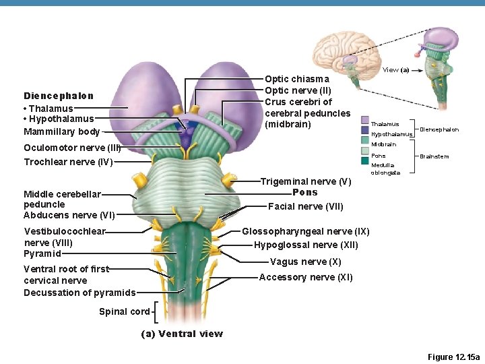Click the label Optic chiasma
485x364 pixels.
pyautogui.click(x=297, y=80)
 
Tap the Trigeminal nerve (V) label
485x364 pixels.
pyautogui.click(x=306, y=181)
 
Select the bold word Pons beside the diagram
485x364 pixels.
pyautogui.click(x=305, y=192)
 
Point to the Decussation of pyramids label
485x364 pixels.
pyautogui.click(x=79, y=293)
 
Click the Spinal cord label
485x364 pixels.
pyautogui.click(x=125, y=311)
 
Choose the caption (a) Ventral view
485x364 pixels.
pyautogui.click(x=182, y=334)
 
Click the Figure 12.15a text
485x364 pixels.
pyautogui.click(x=454, y=357)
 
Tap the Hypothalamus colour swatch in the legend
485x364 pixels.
pyautogui.click(x=365, y=130)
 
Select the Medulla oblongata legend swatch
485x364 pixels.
pyautogui.click(x=365, y=160)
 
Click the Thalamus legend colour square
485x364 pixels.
pyautogui.click(x=365, y=120)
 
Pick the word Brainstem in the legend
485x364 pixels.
pyautogui.click(x=434, y=156)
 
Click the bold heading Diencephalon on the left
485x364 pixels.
pyautogui.click(x=59, y=96)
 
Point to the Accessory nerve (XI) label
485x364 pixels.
pyautogui.click(x=306, y=277)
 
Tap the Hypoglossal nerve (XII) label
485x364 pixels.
pyautogui.click(x=306, y=245)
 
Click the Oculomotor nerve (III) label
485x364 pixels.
pyautogui.click(x=72, y=148)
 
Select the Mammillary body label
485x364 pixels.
pyautogui.click(x=62, y=132)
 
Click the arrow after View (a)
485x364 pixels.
pyautogui.click(x=417, y=70)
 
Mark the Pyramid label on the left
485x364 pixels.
pyautogui.click(x=42, y=254)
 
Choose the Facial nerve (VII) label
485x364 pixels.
pyautogui.click(x=306, y=206)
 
